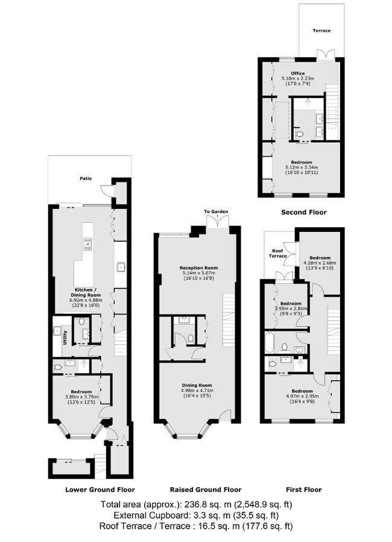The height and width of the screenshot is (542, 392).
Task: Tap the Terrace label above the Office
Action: (x=321, y=30)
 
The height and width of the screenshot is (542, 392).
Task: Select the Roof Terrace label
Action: (x=278, y=253)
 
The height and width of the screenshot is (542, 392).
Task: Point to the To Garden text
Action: (x=215, y=212)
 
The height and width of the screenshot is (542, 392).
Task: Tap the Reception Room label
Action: (x=198, y=267)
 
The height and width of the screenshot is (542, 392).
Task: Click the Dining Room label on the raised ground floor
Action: (x=198, y=385)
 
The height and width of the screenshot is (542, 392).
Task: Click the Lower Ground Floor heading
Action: (x=100, y=490)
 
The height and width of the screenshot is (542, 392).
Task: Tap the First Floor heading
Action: (x=303, y=490)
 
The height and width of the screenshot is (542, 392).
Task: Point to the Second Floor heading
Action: (x=304, y=213)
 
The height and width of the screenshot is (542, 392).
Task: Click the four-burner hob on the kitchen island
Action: (x=87, y=244)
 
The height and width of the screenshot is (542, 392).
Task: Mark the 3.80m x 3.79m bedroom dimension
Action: (x=81, y=397)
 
